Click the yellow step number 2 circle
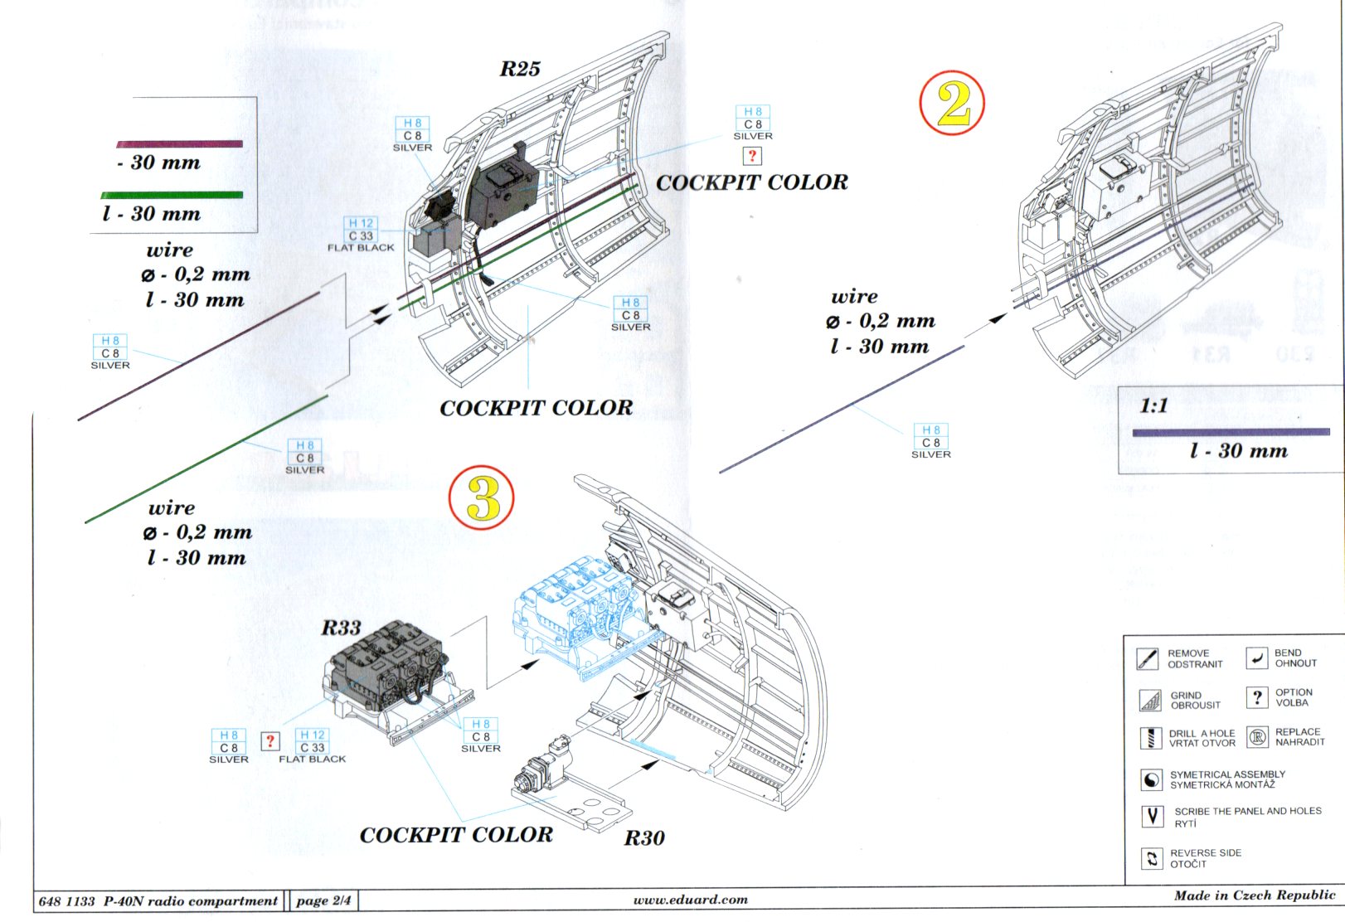tap(952, 103)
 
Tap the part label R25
tap(520, 69)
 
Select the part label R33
tap(341, 628)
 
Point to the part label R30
tap(644, 837)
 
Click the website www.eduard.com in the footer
tap(691, 899)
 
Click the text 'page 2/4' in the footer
tap(323, 900)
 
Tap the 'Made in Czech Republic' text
tap(1255, 895)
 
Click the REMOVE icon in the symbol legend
tap(1148, 658)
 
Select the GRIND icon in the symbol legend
tap(1150, 700)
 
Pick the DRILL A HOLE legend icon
tap(1150, 738)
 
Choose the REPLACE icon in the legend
tap(1257, 736)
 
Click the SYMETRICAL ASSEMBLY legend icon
tap(1151, 779)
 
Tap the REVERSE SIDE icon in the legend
tap(1152, 858)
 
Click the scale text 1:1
tap(1153, 405)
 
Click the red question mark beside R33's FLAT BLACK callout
tap(270, 741)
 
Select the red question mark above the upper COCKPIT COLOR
tap(752, 156)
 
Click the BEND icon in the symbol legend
tap(1257, 658)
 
